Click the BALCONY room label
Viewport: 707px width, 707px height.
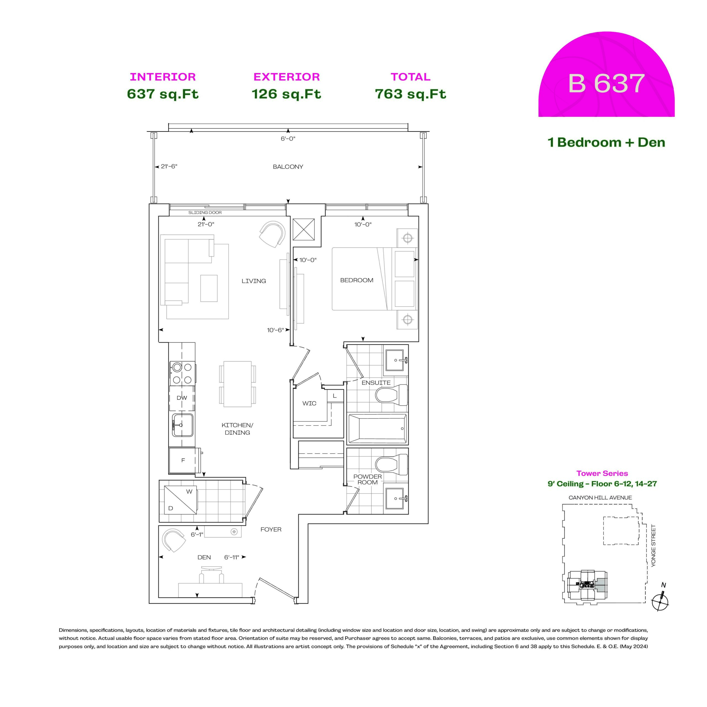[288, 167]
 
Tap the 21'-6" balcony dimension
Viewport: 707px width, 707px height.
[169, 167]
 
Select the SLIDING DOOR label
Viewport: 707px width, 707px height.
[205, 213]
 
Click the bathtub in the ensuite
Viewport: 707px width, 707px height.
[377, 429]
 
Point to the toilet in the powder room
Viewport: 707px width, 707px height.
[392, 465]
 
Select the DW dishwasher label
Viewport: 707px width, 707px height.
[182, 398]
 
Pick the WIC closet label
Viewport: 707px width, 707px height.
[309, 403]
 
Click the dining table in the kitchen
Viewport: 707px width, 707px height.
[238, 384]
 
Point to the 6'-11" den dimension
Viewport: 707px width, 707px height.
[232, 557]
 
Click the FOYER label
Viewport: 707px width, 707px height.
[271, 529]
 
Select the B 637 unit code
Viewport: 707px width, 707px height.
[606, 83]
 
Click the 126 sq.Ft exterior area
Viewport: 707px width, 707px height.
[287, 94]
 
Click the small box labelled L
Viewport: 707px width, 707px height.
[335, 396]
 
